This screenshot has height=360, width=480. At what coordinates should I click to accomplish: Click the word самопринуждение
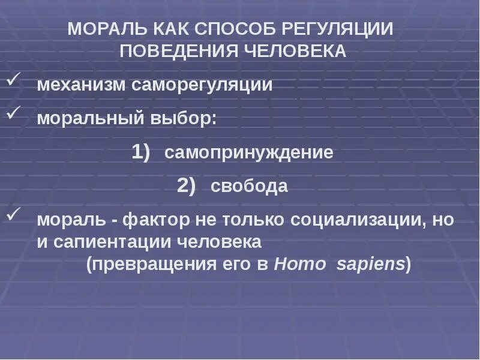coord(249,152)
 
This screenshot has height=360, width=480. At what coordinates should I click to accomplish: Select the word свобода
coord(249,186)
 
